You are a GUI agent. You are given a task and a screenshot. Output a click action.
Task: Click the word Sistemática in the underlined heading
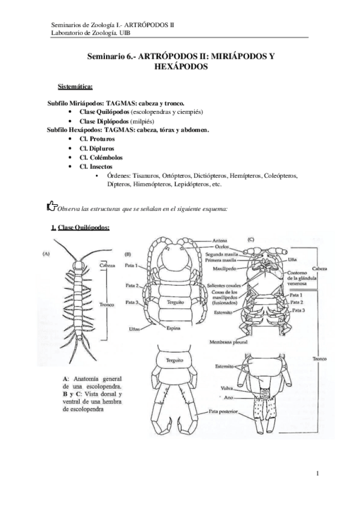[75, 87]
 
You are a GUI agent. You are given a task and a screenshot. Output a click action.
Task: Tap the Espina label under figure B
[174, 328]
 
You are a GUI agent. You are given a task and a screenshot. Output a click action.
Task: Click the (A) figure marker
[46, 253]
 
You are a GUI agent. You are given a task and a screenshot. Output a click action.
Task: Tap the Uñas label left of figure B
[135, 329]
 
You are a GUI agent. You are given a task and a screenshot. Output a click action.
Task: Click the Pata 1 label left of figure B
[132, 265]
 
